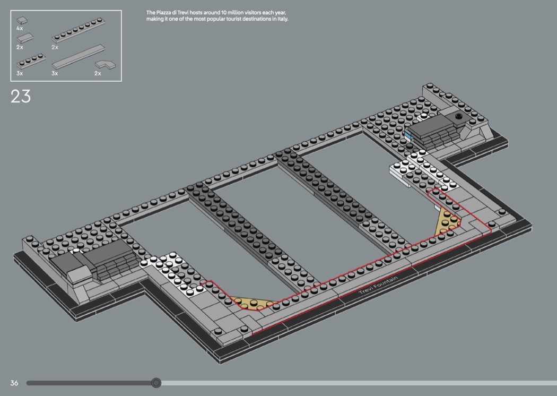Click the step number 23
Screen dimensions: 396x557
point(21,97)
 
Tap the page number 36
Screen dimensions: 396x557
point(14,383)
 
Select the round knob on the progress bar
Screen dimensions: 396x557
point(156,383)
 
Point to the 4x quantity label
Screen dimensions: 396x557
point(20,28)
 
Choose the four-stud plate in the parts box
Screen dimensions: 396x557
point(32,61)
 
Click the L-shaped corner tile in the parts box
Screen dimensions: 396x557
point(106,65)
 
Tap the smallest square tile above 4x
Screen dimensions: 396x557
point(22,20)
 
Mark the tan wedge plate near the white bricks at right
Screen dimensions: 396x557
point(448,221)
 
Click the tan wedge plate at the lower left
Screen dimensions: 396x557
point(250,303)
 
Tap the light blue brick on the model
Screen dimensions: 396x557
point(407,136)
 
